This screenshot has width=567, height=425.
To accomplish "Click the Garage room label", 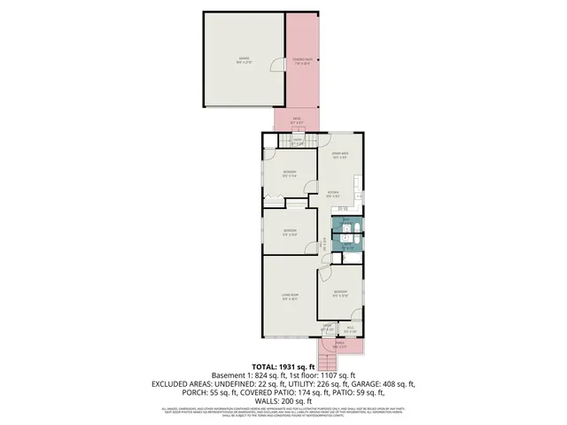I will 242,59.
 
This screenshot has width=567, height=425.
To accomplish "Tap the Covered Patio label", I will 303,61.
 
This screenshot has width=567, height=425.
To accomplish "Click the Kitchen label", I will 332,193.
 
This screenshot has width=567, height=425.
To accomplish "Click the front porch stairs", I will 331,364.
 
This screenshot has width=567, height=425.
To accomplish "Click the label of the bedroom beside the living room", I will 340,293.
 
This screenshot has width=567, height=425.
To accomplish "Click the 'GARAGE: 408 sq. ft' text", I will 384,384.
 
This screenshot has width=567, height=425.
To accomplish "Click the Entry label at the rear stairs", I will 299,140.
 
